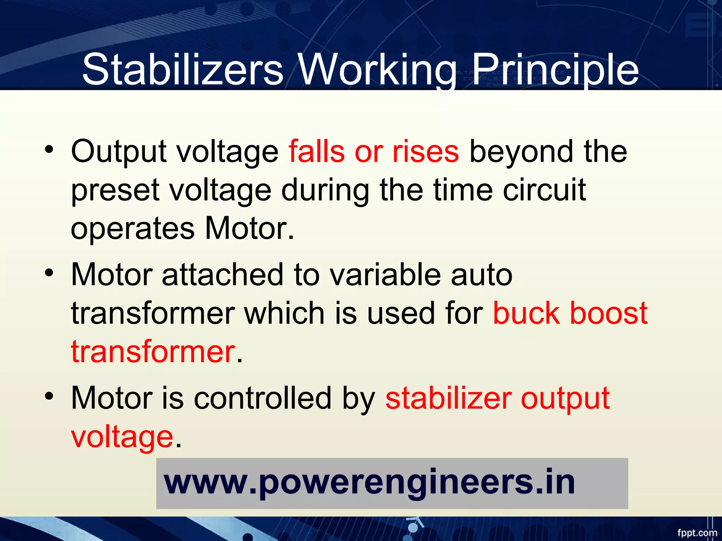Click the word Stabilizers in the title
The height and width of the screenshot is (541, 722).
pos(182,69)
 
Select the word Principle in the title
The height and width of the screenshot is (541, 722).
pos(555,69)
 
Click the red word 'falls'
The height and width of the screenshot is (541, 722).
pos(317,151)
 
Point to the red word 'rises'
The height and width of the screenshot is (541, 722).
pos(426,151)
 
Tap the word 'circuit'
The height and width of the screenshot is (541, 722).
pos(544,190)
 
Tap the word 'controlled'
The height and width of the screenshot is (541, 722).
pos(263,398)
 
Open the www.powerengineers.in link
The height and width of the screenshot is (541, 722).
pos(369,483)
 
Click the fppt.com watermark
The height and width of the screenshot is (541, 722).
pos(697,533)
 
